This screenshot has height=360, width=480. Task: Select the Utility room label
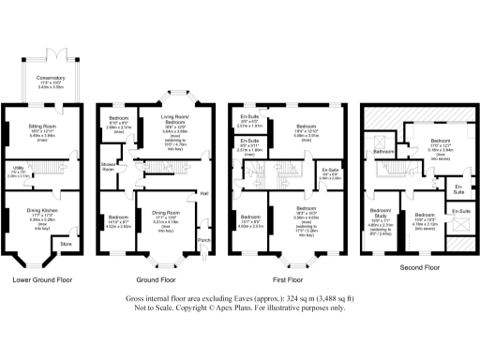click(17, 169)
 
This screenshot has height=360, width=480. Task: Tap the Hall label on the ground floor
click(203, 194)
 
